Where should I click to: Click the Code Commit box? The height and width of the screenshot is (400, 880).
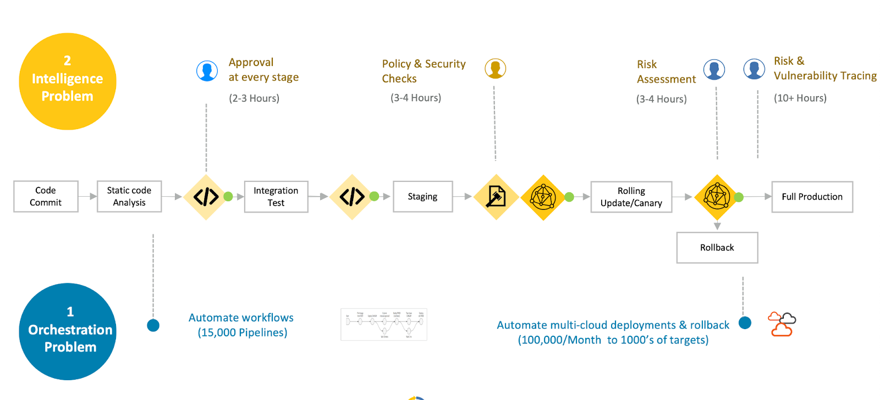(x=46, y=196)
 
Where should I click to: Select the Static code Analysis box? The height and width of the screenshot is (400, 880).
(x=129, y=196)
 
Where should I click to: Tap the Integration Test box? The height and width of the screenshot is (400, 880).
(x=276, y=196)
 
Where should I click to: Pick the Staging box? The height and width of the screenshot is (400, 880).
(x=422, y=196)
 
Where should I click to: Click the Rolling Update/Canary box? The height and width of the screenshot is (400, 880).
(x=631, y=197)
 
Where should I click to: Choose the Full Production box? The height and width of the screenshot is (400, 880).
(x=812, y=197)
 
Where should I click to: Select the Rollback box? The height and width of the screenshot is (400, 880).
(x=717, y=247)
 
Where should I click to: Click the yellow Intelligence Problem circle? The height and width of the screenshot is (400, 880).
(x=68, y=81)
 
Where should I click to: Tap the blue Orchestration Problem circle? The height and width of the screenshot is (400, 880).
(x=68, y=331)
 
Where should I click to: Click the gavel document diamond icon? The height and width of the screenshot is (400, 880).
(x=496, y=197)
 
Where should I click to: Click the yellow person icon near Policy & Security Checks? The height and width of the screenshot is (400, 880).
(x=495, y=69)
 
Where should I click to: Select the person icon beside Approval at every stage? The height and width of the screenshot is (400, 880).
(x=207, y=71)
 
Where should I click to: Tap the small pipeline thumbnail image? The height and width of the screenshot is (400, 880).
(x=384, y=324)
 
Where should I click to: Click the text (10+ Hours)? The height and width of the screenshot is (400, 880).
(x=800, y=98)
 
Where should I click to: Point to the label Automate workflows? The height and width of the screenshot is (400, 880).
(x=241, y=318)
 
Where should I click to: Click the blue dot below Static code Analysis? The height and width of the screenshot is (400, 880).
(x=153, y=325)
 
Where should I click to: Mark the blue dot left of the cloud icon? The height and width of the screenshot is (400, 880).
(x=745, y=323)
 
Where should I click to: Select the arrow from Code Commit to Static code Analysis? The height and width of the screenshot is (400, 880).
(x=87, y=196)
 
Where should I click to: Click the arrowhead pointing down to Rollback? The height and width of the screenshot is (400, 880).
(x=717, y=226)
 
